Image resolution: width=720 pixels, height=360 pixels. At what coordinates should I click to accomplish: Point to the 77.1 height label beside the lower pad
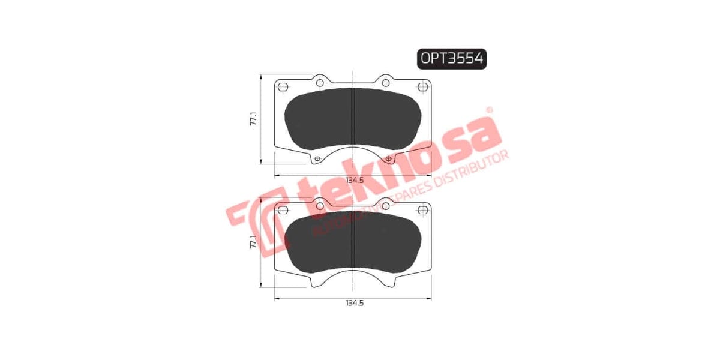coord(254,242)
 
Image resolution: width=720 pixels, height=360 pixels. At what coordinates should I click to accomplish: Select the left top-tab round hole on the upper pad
coord(320,83)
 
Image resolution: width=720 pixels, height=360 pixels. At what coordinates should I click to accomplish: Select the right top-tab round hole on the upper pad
coord(386,83)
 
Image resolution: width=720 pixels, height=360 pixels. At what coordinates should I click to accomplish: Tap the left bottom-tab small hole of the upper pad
coord(317,158)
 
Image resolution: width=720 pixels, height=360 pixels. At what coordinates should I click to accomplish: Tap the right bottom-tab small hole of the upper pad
coord(389,158)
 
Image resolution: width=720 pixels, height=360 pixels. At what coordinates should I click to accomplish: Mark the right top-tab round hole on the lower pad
coord(386,206)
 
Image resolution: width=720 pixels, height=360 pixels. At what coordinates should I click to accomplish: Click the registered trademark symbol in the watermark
coord(489,110)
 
